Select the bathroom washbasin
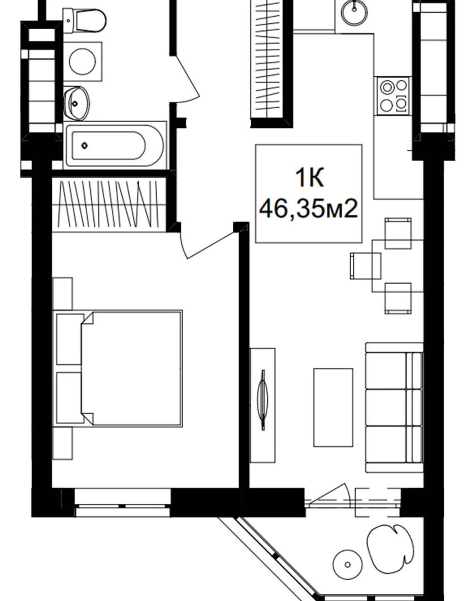[x=77, y=103]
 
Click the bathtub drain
[x=85, y=145]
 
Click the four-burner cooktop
[x=394, y=96]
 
